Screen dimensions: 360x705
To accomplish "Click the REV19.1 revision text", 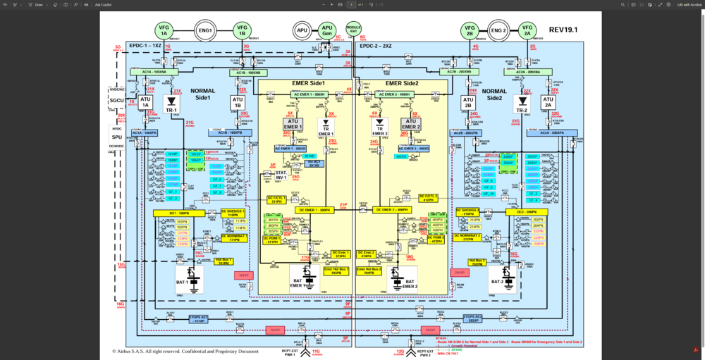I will (x=563, y=30).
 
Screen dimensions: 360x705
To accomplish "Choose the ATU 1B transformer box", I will (x=237, y=102).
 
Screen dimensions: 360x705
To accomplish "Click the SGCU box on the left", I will (x=116, y=101).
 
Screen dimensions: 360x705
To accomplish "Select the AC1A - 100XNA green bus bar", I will (x=154, y=71).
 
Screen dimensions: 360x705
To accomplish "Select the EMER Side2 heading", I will (x=402, y=83).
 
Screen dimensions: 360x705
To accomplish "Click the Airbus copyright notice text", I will (x=185, y=351).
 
